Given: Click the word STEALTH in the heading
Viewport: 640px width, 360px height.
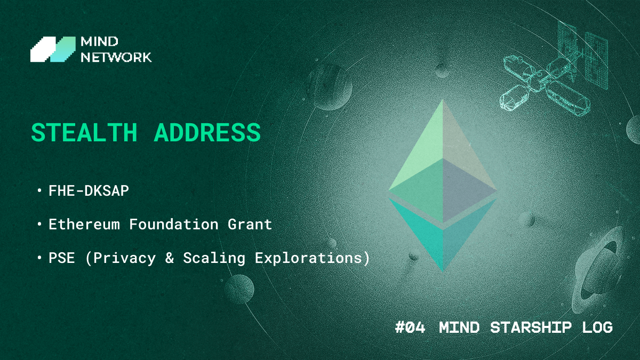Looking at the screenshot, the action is coord(84,132).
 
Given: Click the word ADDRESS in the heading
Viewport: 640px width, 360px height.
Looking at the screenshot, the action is coord(207,132).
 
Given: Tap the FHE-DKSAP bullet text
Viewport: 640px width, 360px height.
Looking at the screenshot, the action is coord(89,190).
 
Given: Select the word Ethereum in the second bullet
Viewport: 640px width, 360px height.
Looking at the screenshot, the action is coord(84,224).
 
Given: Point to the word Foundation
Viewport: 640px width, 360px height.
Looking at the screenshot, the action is coord(174,224).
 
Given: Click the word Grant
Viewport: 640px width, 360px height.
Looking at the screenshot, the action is coord(250,224).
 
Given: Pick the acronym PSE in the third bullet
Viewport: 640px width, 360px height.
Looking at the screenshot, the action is coord(62,258).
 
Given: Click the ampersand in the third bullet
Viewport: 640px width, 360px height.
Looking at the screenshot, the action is coord(170,258).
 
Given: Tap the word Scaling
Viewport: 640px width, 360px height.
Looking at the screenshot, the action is coord(214,258).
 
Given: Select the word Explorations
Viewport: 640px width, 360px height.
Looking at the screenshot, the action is coord(308,258).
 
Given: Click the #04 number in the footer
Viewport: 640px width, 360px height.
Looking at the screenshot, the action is coord(410,327).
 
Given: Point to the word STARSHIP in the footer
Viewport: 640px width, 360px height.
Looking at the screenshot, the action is coord(531,327).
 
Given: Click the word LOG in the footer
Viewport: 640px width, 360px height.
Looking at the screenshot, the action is coord(597,327).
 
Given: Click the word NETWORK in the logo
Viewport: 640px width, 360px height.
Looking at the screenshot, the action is coord(116,58).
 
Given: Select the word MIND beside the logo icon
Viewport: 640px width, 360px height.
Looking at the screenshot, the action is coord(99,42).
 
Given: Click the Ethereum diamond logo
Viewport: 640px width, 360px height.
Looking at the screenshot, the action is coord(443,186).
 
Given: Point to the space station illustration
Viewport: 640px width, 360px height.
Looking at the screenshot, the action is coord(553,69).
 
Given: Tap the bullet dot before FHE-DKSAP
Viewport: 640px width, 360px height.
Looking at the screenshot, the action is coord(39,190).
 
